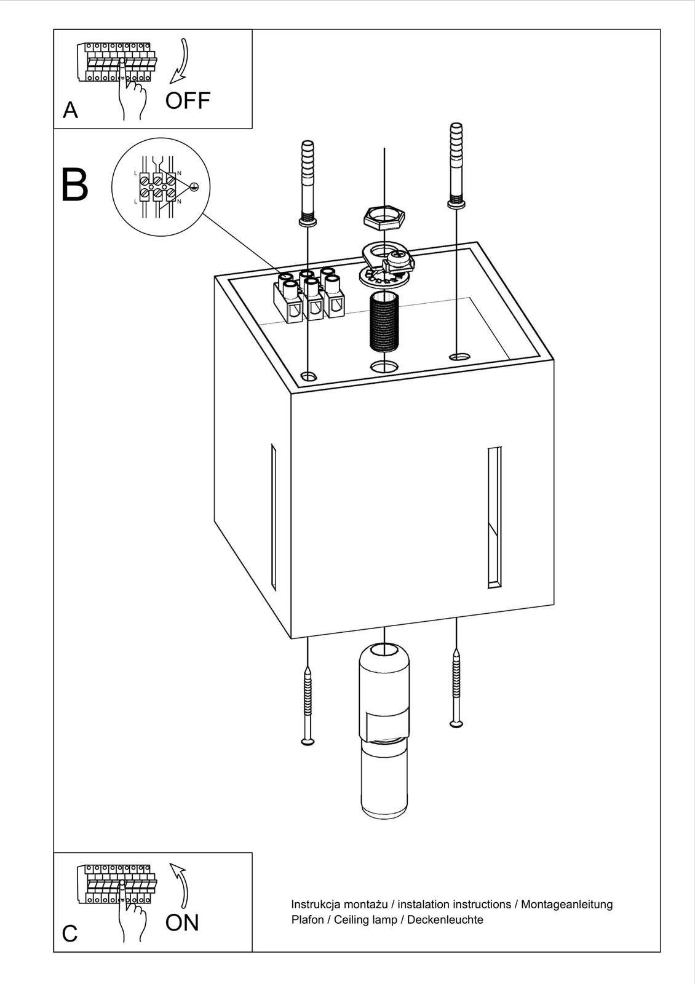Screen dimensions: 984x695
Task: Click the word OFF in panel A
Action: click(x=188, y=100)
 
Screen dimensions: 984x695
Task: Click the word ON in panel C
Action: click(x=182, y=922)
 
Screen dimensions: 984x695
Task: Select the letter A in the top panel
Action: click(x=71, y=111)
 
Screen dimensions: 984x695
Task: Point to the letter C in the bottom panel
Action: click(x=70, y=934)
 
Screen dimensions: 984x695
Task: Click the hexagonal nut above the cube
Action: click(x=384, y=216)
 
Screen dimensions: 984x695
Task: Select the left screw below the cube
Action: click(x=307, y=707)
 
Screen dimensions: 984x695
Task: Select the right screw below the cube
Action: click(x=456, y=689)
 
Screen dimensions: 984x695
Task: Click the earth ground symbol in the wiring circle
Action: click(x=194, y=186)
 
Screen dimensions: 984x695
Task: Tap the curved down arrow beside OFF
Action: click(x=180, y=61)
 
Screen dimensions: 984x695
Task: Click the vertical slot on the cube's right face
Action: click(x=494, y=517)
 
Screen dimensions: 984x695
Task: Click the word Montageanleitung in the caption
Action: click(x=567, y=904)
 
